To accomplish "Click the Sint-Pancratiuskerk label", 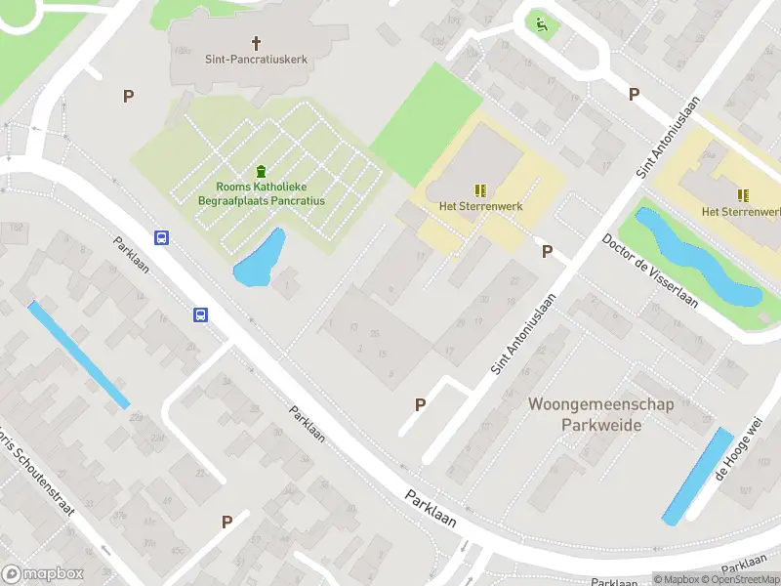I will coord(256,59).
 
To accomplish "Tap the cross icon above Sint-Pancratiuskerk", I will coord(257,43).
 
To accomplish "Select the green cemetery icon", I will coord(261,171).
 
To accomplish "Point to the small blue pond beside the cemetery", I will coord(260,260).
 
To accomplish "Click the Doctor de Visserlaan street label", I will coord(650,271).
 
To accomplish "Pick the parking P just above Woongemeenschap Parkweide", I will coord(421,404).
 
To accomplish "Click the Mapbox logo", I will coord(43,574).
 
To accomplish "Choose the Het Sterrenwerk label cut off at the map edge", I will coord(741,211).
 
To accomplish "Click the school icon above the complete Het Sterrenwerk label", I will coord(480,190).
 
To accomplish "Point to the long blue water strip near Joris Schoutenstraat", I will coord(78,355).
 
